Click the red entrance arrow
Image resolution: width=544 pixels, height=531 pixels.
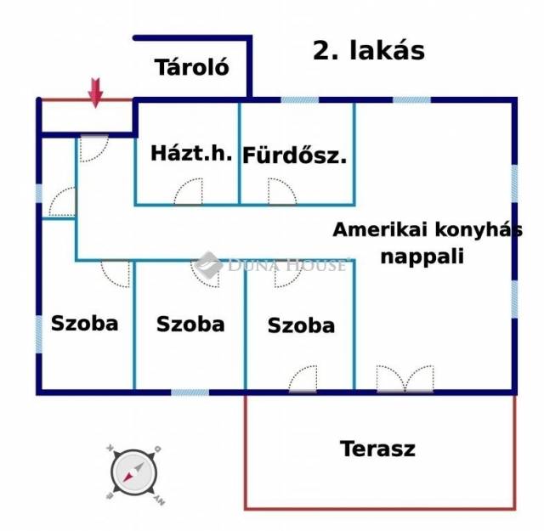pos(95,93)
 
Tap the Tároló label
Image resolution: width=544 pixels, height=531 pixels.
pos(192,67)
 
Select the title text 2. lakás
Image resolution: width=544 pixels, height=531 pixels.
pos(369,51)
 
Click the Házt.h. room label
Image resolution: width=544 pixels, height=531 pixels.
pos(191,153)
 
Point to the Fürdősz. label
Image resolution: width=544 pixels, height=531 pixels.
pos(295,155)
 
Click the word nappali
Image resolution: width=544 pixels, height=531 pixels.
pos(422,257)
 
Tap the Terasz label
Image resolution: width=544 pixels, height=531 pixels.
pos(377,449)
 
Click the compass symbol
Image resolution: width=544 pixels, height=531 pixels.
pos(134,472)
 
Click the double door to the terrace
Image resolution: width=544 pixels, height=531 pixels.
pos(405,379)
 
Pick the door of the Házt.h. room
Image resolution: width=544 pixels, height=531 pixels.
pos(188,191)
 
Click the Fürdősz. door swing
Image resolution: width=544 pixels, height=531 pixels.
pos(282,191)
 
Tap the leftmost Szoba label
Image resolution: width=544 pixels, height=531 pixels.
pos(85,323)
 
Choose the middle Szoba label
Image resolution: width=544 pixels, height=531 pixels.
pos(190,325)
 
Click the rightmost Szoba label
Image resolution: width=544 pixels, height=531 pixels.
pos(301,325)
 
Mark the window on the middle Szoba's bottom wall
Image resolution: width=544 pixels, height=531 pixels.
pos(190,393)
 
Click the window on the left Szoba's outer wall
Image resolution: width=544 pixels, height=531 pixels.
pos(39,335)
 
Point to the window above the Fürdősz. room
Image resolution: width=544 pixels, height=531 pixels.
pos(300,100)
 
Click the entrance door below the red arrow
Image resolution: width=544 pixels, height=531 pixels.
pos(94,148)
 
